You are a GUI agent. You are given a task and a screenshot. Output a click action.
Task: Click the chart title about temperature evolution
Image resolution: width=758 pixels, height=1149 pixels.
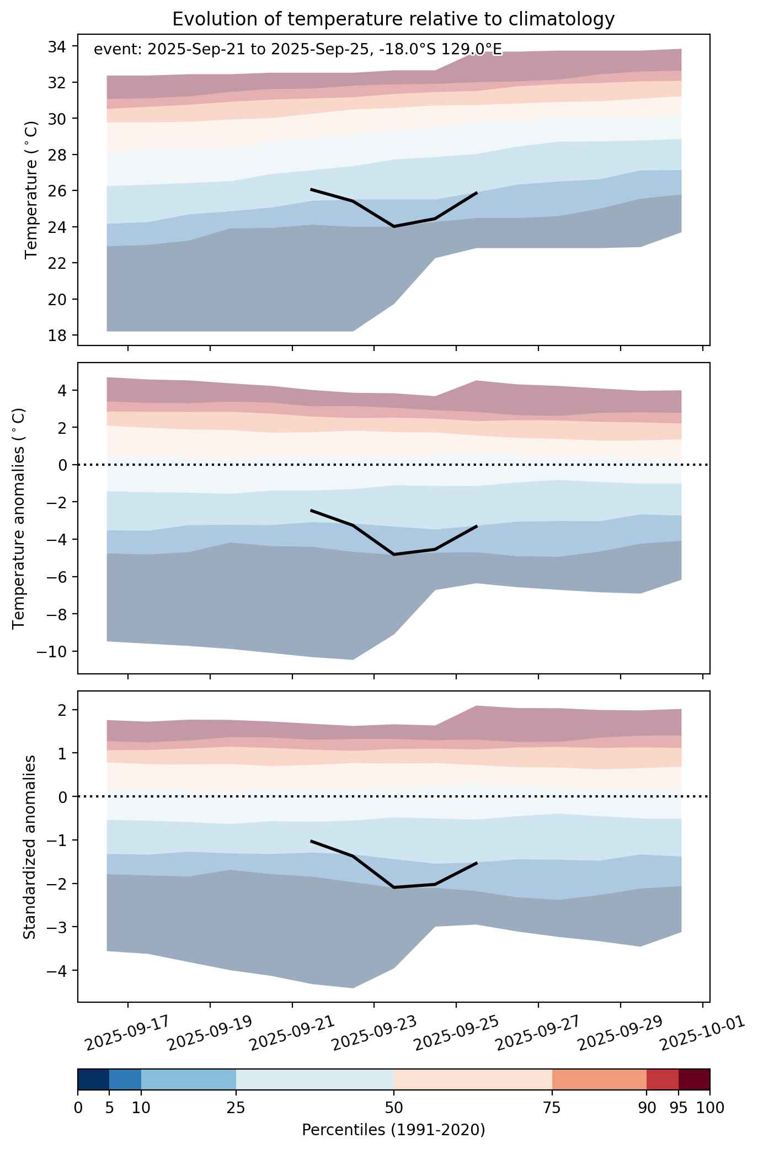[x=393, y=19]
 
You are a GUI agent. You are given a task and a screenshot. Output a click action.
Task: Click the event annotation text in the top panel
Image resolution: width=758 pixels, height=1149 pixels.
[x=298, y=50]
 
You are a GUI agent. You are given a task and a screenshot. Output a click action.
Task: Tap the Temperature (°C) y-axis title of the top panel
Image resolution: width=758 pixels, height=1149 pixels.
[x=31, y=190]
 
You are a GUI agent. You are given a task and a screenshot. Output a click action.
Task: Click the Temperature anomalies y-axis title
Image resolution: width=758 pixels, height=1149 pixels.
[x=19, y=518]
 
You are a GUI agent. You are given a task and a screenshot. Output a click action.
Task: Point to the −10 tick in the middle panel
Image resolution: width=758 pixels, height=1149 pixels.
[x=51, y=652]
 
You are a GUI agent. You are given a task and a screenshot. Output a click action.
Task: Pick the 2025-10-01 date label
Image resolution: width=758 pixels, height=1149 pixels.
[x=703, y=1034]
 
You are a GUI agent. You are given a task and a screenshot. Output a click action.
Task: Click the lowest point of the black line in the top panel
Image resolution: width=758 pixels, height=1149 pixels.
[x=394, y=226]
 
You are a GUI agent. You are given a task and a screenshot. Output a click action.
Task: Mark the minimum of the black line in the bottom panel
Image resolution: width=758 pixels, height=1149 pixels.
[x=394, y=887]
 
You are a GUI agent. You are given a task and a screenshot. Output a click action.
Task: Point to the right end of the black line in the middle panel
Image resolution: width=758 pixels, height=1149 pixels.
[x=477, y=526]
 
